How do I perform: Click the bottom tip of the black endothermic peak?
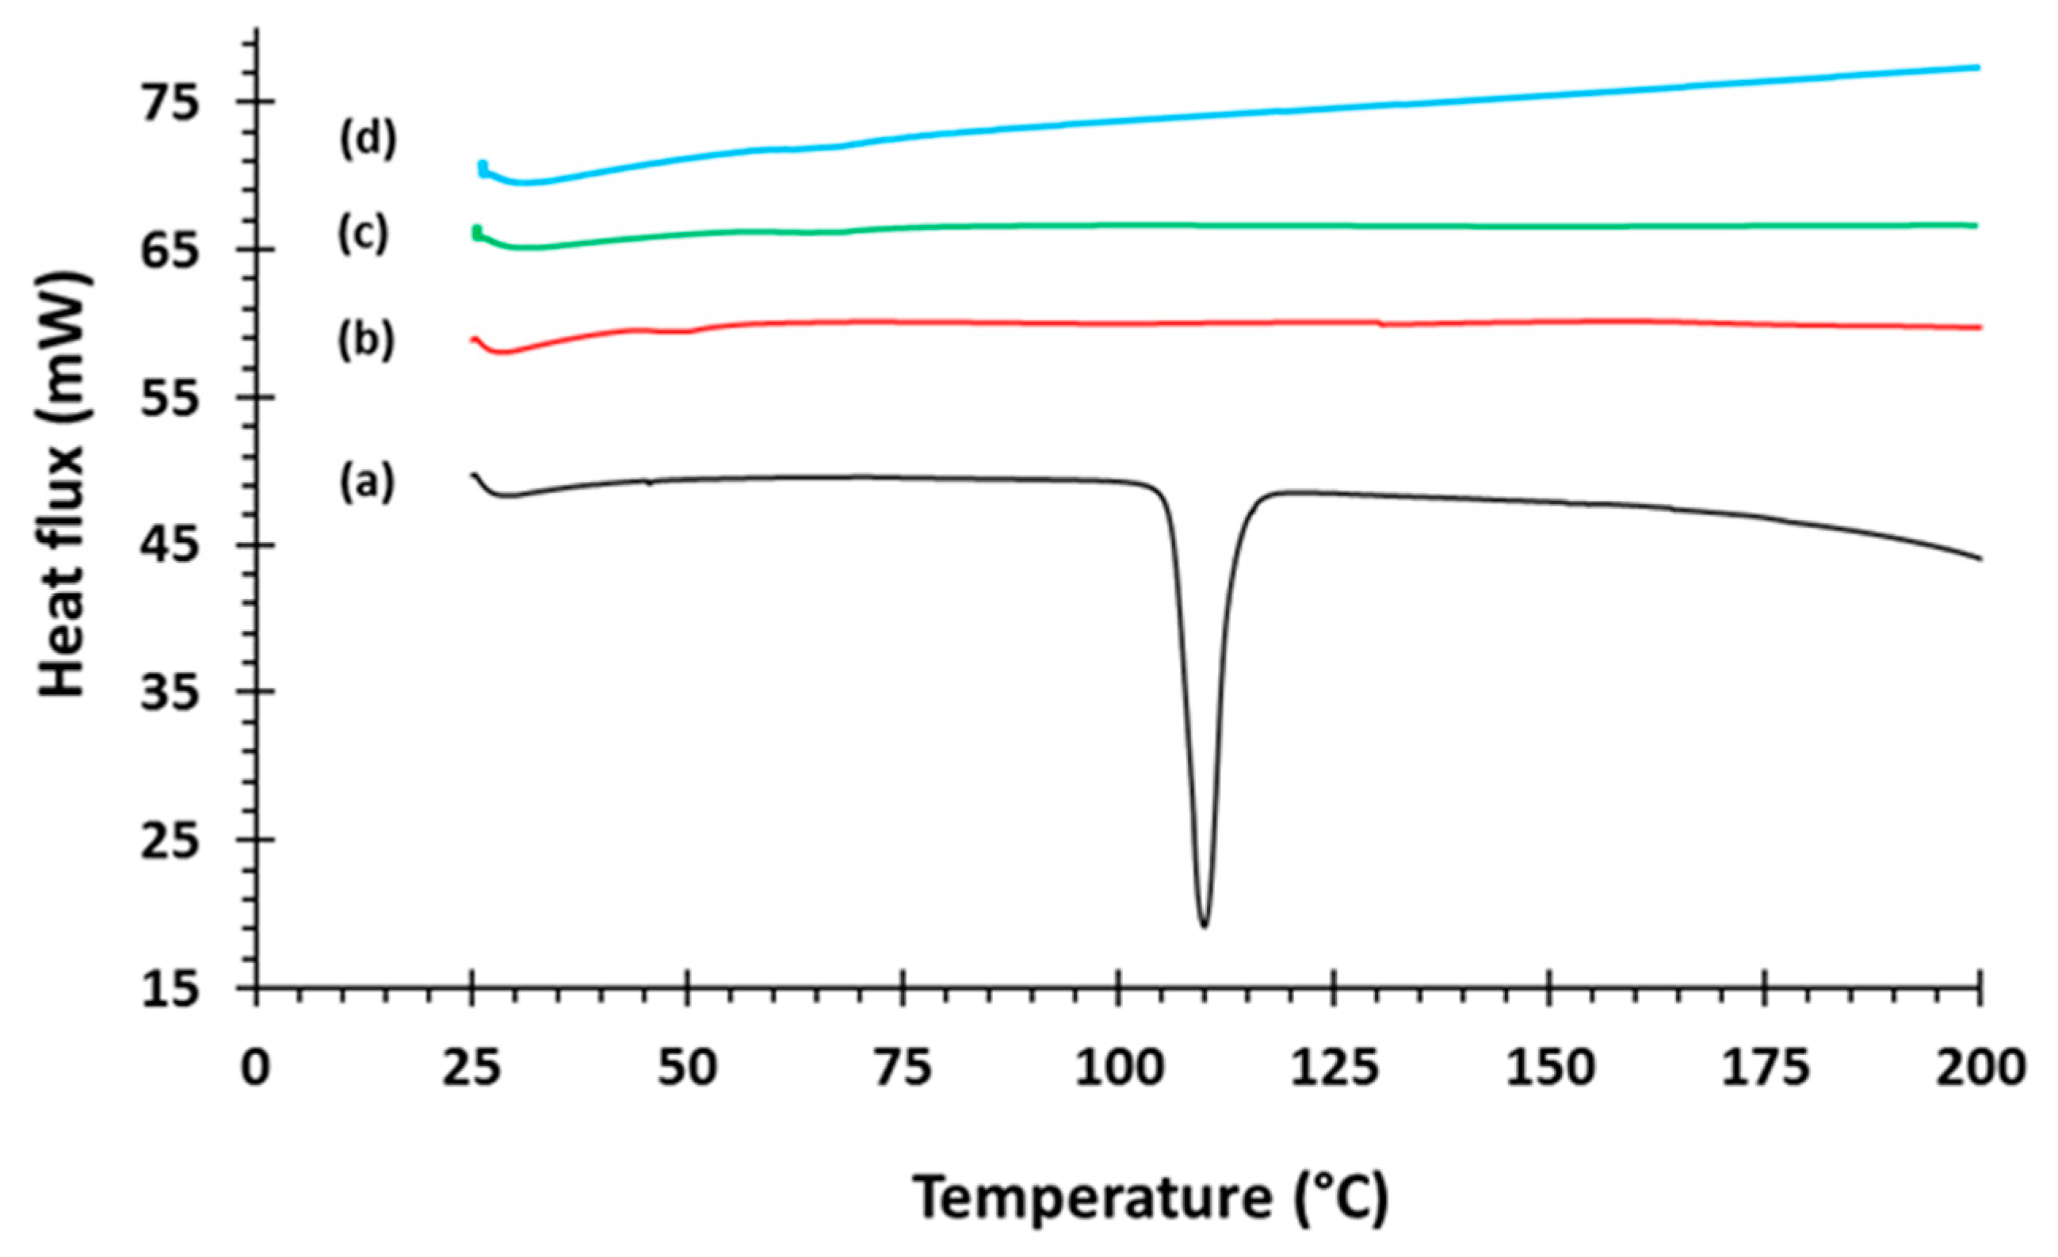pos(1204,925)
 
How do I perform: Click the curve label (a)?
pos(366,483)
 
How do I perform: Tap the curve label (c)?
pos(363,235)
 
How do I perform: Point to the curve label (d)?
pos(368,140)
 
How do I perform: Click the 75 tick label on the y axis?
pos(172,103)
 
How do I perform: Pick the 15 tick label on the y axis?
pos(172,991)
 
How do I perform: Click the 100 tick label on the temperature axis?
pos(1117,1070)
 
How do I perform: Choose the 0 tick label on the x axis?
pos(256,1070)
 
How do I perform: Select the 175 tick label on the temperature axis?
pos(1764,1070)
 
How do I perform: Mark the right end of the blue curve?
pos(1978,90)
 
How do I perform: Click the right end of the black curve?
pos(1978,558)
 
